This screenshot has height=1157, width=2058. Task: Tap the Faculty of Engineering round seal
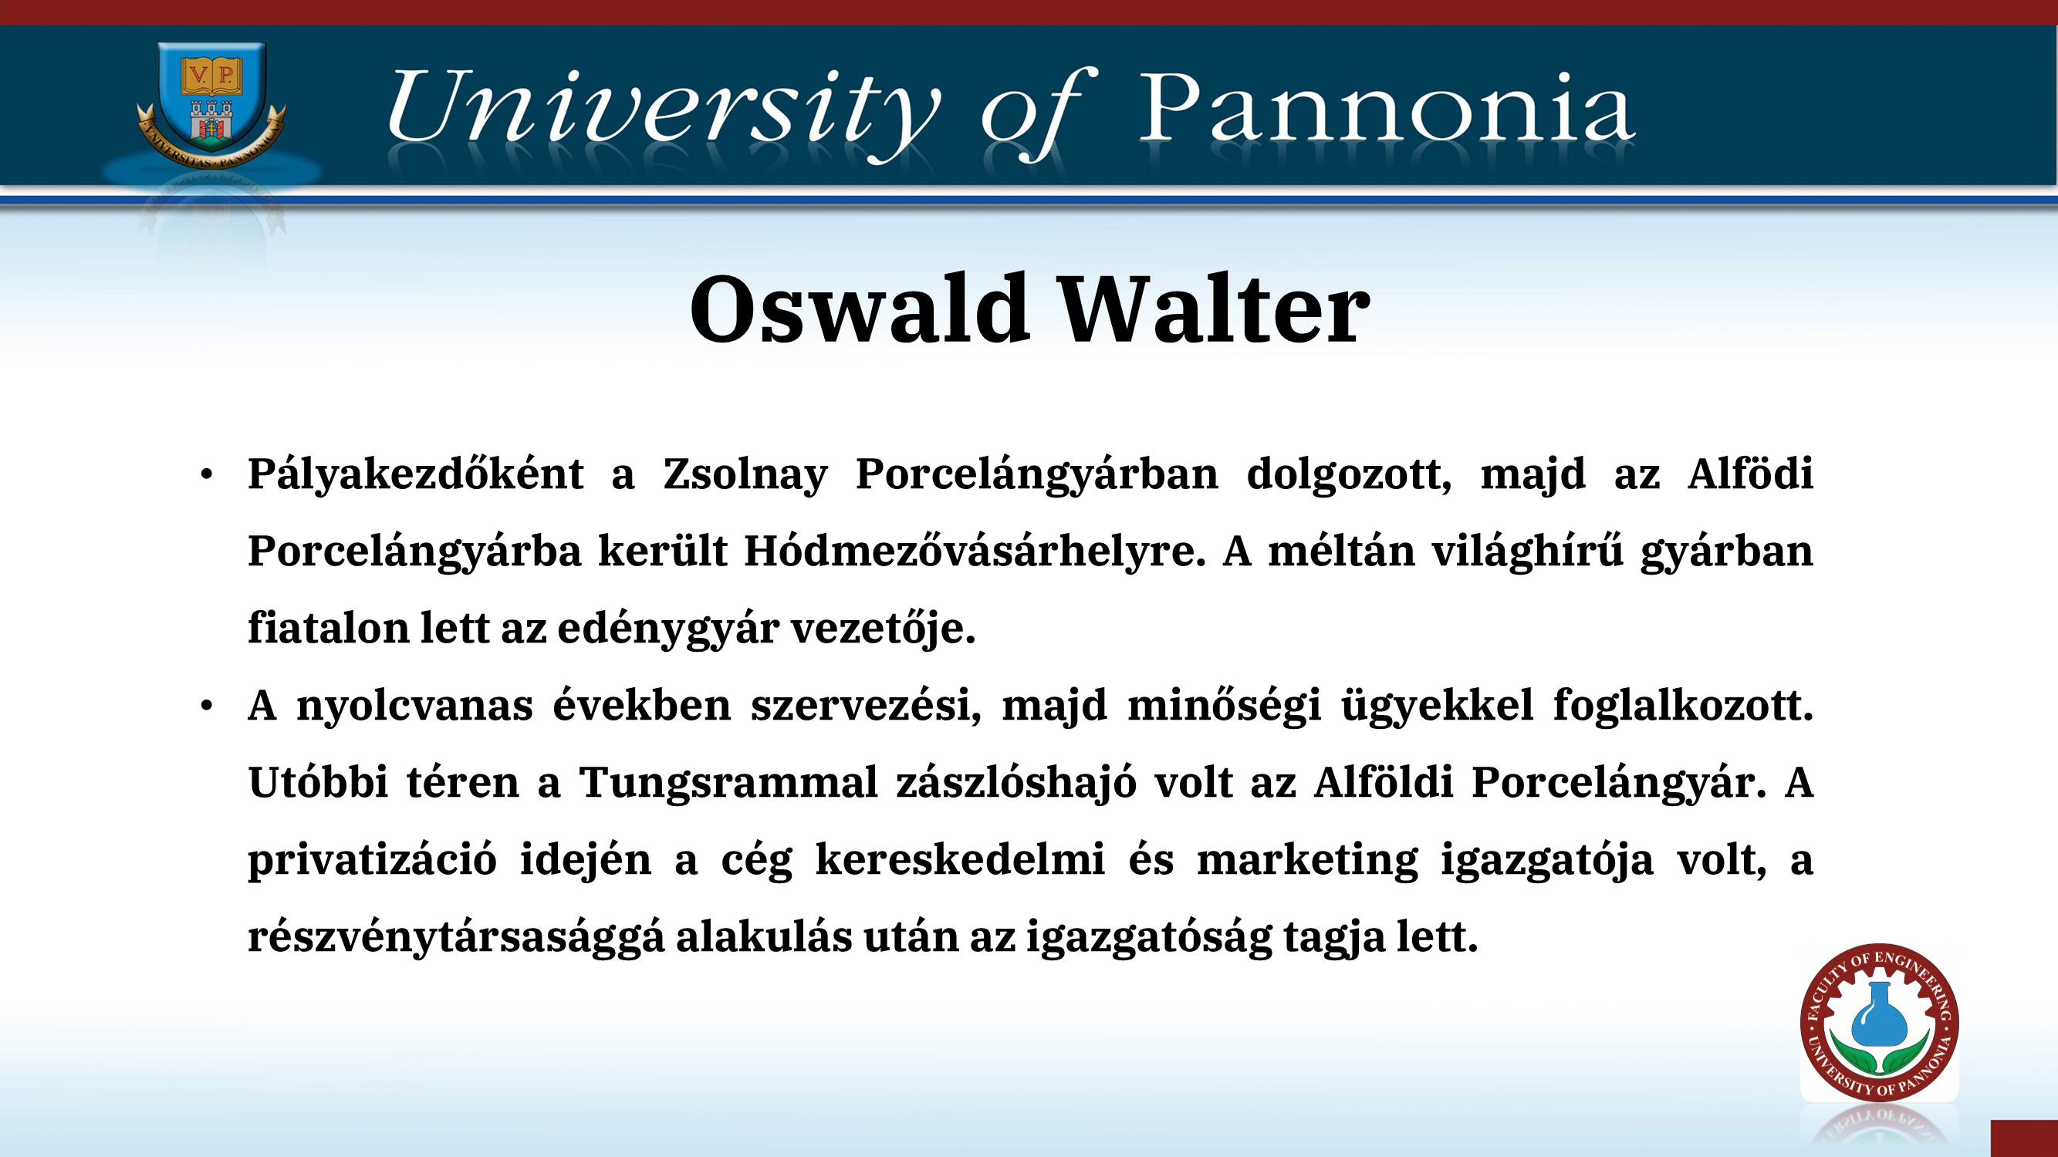[1879, 1023]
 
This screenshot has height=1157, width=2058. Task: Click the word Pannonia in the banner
[1386, 107]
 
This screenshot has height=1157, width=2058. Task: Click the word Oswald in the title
[859, 309]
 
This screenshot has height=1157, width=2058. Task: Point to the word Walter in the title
[1215, 309]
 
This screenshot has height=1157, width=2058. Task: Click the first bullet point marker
[207, 475]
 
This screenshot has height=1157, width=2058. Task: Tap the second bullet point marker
[207, 707]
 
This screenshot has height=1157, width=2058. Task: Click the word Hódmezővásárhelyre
[975, 552]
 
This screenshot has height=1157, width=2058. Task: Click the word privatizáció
[372, 861]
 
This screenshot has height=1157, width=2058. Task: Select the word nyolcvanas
[414, 706]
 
